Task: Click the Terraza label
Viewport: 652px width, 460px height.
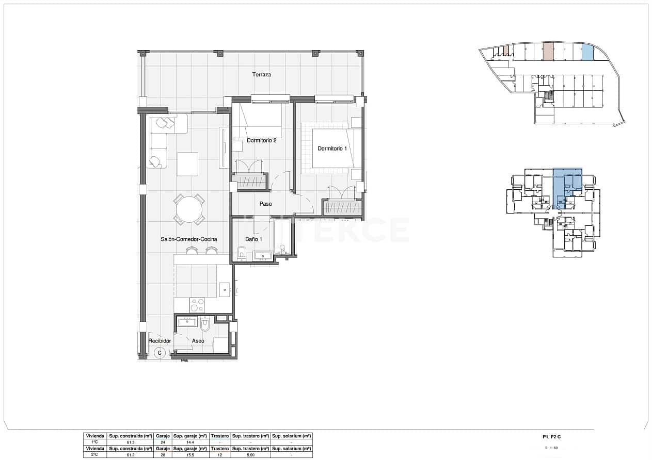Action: point(262,75)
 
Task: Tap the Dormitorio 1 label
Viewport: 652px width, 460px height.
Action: point(332,149)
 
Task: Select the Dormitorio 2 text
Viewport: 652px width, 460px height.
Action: point(262,140)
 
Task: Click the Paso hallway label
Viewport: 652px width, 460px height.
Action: point(265,204)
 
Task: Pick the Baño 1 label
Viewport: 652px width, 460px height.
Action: point(253,239)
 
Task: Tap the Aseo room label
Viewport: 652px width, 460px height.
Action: point(198,341)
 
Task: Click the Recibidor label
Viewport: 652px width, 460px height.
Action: point(160,341)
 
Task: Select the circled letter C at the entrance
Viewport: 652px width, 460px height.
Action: point(160,353)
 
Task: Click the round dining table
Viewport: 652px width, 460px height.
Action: point(189,210)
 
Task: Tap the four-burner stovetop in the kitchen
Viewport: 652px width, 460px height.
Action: point(197,305)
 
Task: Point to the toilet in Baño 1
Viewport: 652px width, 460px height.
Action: point(242,253)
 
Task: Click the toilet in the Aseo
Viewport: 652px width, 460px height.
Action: point(205,324)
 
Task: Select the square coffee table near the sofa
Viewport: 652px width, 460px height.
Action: point(187,164)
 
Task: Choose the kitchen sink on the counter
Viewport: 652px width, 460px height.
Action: point(225,289)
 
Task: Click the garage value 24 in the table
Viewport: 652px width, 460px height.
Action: point(163,442)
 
